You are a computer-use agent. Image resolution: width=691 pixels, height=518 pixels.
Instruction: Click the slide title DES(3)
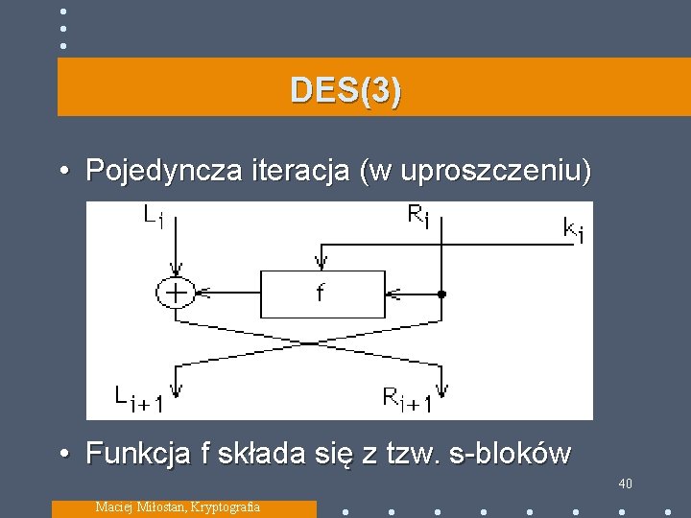click(x=346, y=91)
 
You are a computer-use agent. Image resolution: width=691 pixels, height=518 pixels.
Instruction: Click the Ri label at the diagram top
click(x=419, y=217)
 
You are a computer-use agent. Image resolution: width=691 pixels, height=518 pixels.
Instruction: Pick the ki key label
click(x=571, y=230)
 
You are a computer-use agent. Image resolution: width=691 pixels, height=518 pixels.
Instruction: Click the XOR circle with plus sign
click(x=177, y=292)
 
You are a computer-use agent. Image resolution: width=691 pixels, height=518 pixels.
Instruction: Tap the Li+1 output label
click(x=138, y=398)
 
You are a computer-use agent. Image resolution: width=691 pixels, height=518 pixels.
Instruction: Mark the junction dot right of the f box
click(x=441, y=293)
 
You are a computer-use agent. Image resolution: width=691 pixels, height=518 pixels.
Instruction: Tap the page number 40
click(x=625, y=483)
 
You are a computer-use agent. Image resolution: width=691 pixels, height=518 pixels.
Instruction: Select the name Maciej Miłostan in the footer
click(x=141, y=506)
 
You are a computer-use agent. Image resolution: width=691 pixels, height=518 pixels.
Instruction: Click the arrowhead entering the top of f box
click(x=320, y=262)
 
